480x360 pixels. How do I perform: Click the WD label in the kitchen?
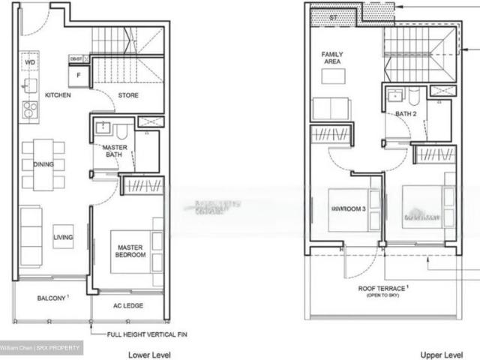[30, 62]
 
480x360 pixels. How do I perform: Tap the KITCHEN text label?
[58, 96]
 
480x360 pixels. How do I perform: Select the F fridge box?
[78, 75]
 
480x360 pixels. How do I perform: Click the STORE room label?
[128, 96]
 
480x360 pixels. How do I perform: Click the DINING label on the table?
[43, 164]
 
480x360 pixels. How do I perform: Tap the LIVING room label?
[63, 238]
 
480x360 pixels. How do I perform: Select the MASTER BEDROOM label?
[130, 250]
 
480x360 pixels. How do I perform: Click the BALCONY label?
[52, 298]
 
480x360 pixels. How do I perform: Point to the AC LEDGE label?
[128, 306]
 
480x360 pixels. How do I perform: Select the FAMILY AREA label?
[332, 59]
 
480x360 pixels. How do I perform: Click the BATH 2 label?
[406, 114]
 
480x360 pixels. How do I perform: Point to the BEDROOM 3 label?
[347, 209]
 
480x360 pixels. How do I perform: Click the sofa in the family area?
[331, 109]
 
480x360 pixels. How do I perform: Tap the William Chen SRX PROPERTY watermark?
[41, 348]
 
